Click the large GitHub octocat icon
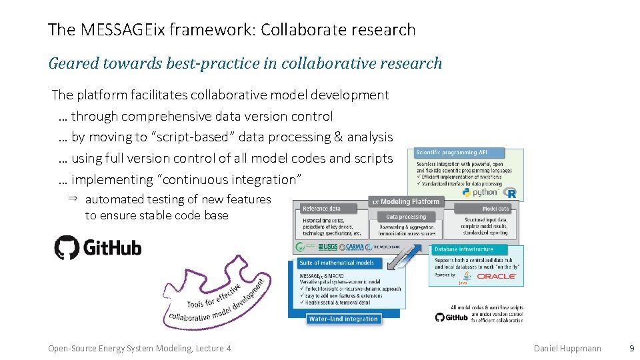[67, 247]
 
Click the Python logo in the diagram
[467, 193]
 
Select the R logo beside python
[511, 193]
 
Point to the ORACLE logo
[496, 275]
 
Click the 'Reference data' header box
[322, 209]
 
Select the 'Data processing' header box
[406, 217]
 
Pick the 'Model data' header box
[495, 209]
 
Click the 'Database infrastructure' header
[465, 249]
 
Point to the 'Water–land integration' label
[343, 319]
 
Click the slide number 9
[631, 348]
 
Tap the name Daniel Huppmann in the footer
[567, 348]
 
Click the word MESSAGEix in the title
[124, 30]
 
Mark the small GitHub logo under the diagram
[452, 317]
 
